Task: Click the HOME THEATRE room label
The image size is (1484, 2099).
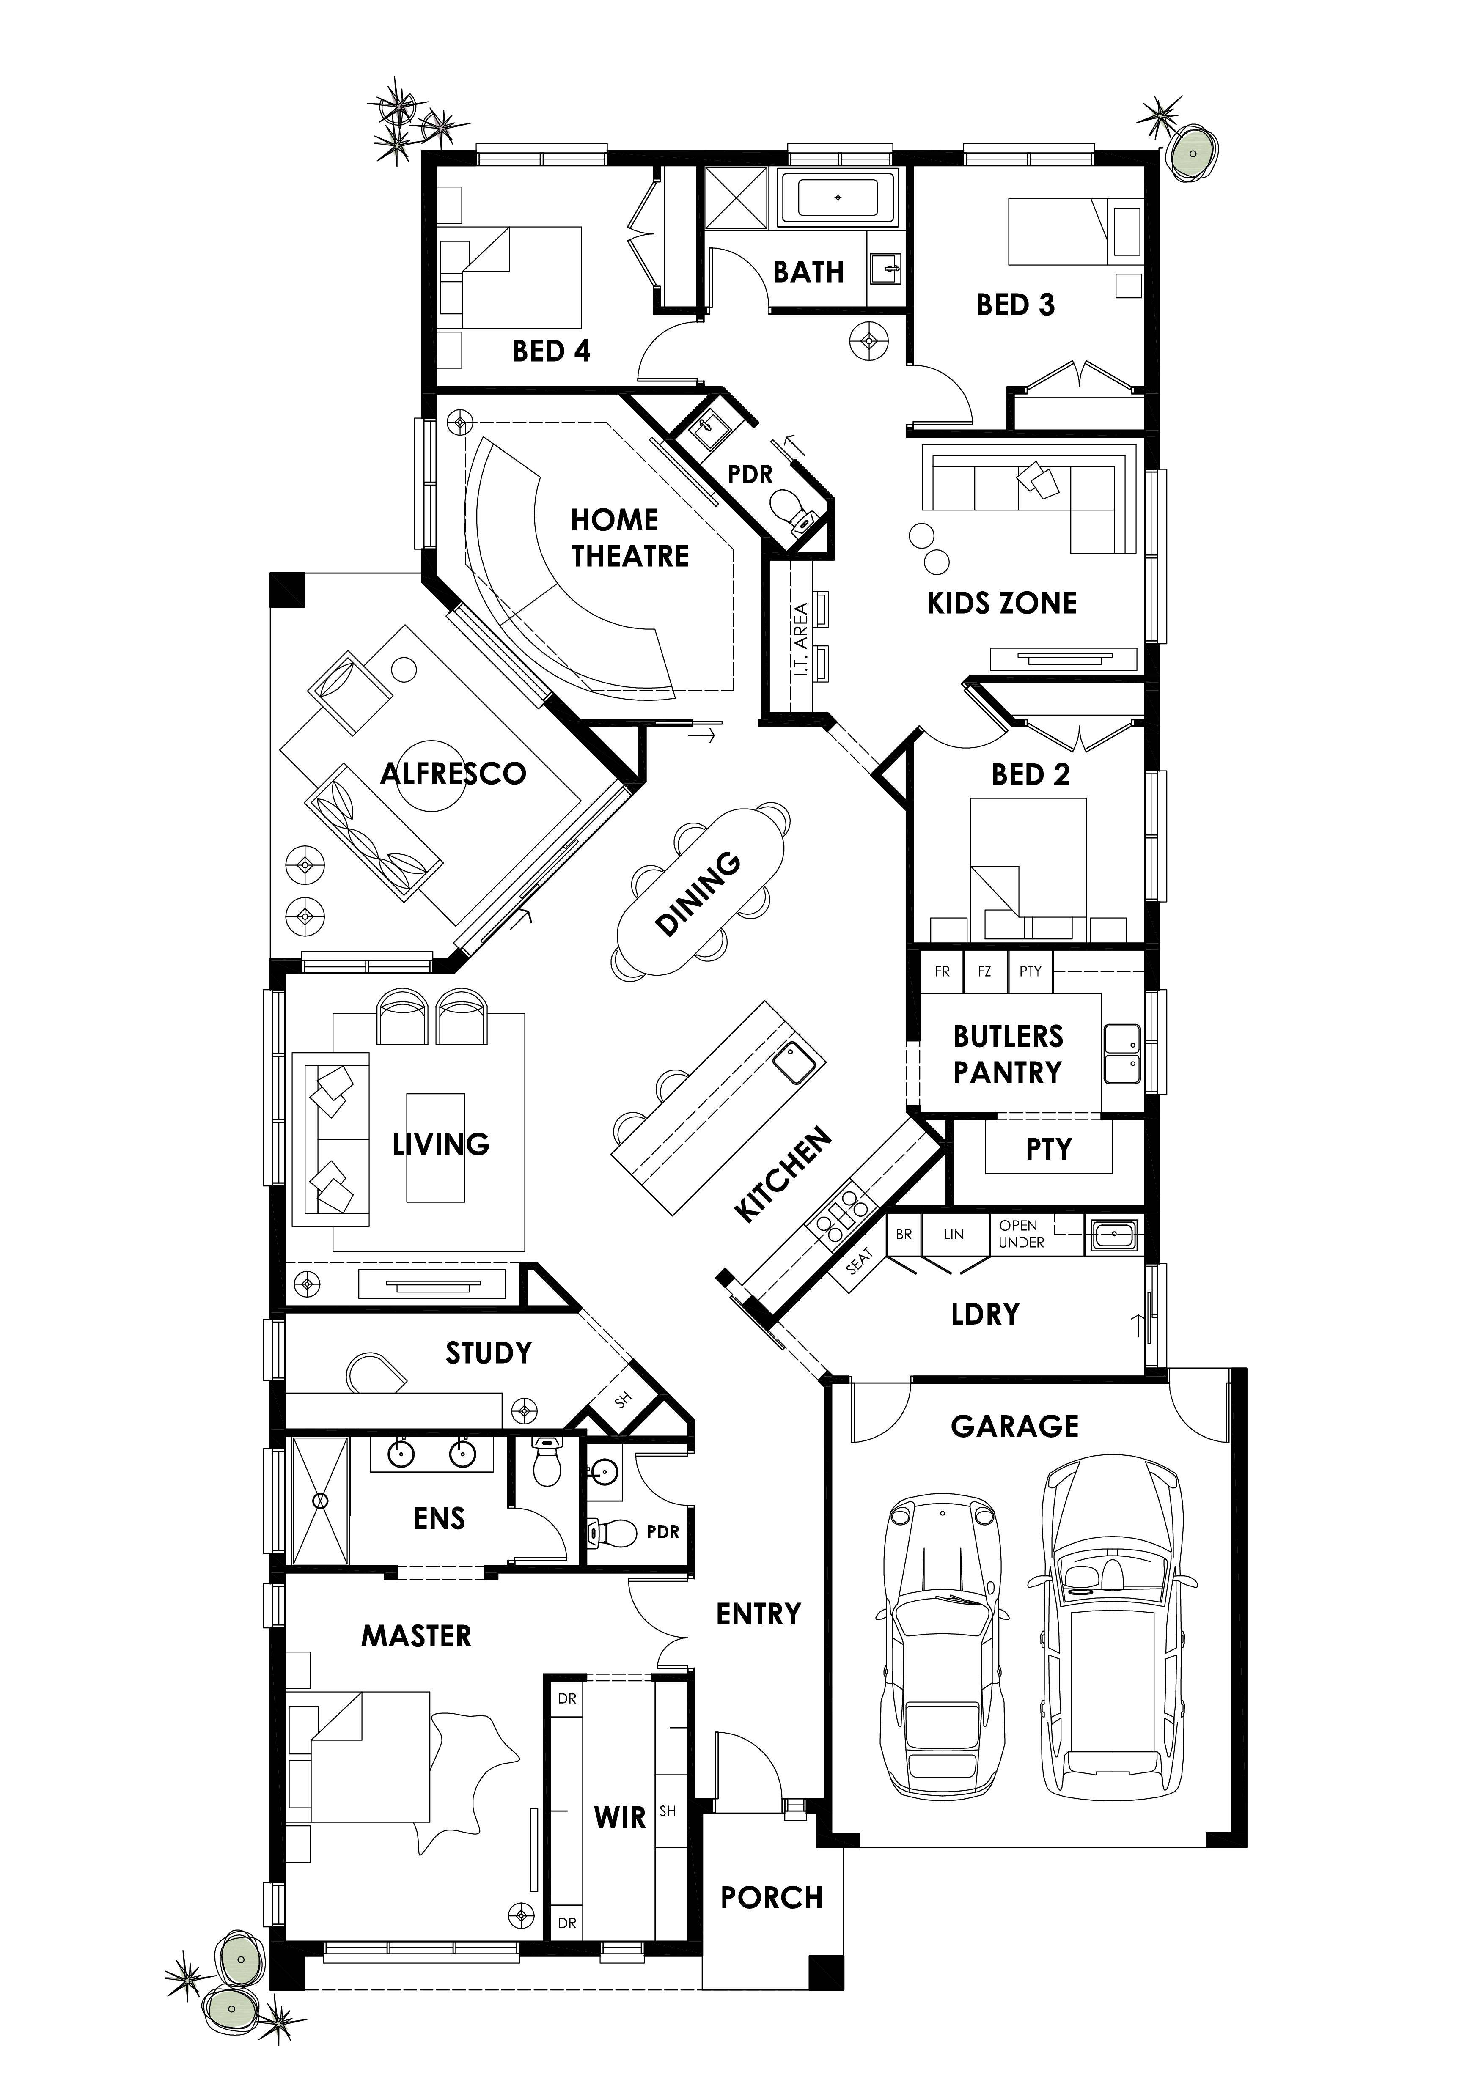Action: point(630,538)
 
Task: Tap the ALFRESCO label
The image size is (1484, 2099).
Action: point(453,774)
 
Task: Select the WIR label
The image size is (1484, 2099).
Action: point(620,1817)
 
